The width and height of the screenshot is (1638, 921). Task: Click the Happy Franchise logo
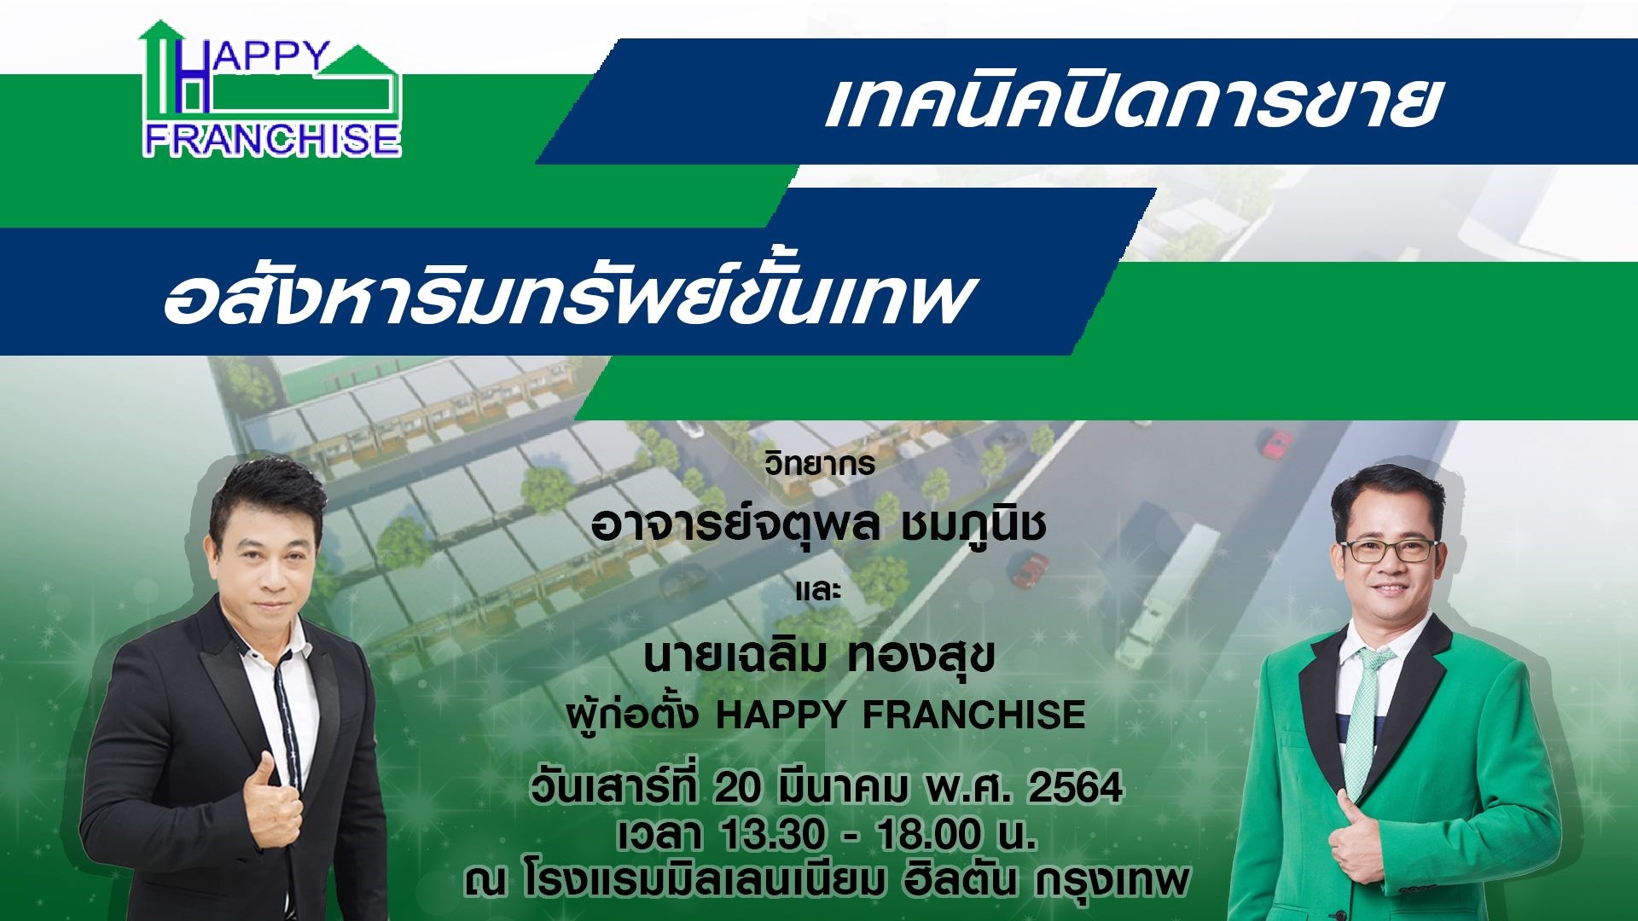[x=271, y=90]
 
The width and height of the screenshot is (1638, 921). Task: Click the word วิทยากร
[x=820, y=463]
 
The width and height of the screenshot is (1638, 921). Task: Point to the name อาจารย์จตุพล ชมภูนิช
[x=818, y=523]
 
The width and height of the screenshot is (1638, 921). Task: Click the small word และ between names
[x=818, y=590]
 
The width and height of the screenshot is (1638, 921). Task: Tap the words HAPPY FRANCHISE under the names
[x=900, y=715]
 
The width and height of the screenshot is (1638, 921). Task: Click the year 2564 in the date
[x=1074, y=787]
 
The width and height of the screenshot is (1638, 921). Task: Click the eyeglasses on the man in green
[x=1389, y=550]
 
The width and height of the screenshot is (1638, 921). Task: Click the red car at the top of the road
[x=1275, y=443]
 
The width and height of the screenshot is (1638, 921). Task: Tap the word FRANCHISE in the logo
[x=272, y=139]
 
